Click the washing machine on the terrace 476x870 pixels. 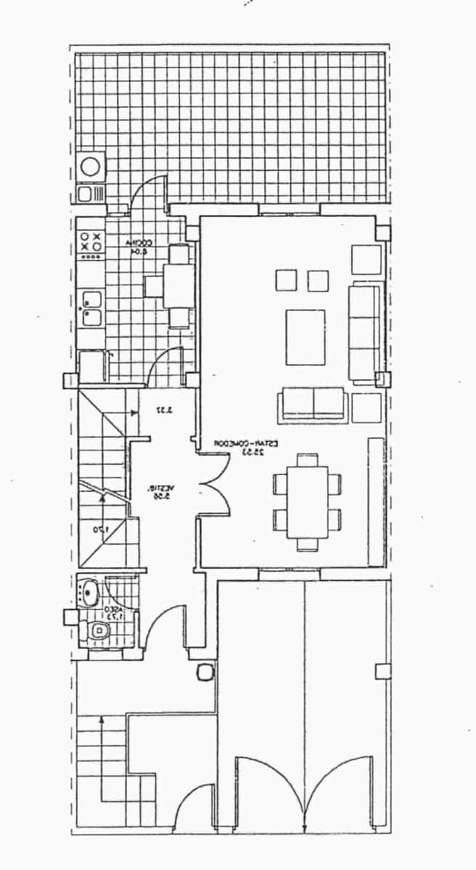coord(91,165)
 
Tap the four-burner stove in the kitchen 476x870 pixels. coord(91,242)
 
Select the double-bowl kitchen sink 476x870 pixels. coord(91,308)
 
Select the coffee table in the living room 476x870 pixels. coord(305,337)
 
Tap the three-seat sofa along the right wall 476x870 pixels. coord(364,332)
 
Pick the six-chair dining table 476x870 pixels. coord(307,501)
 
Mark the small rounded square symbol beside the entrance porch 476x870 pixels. coord(205,672)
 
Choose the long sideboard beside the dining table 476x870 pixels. coord(376,500)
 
